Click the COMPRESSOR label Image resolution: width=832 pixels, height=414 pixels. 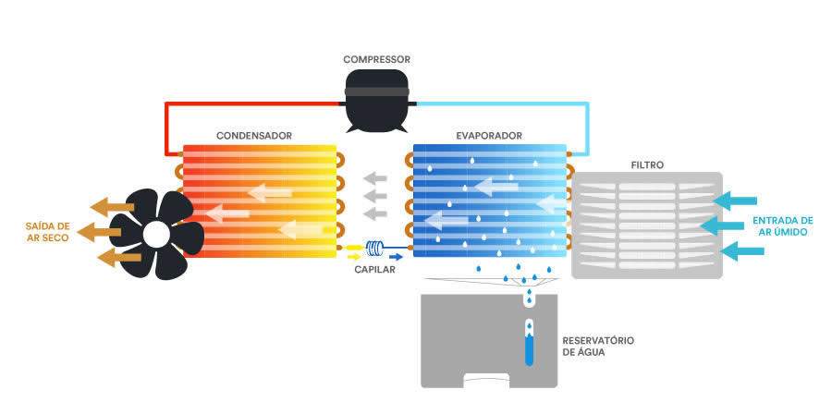[376, 59]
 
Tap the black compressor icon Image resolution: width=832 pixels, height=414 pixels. [376, 101]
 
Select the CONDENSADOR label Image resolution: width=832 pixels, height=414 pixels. [254, 136]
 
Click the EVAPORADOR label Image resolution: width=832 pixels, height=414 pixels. [489, 136]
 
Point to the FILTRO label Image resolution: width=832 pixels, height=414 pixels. [647, 165]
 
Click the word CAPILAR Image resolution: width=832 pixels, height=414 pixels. [375, 270]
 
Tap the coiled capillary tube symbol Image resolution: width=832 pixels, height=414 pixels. [375, 247]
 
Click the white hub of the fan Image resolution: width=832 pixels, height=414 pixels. [156, 234]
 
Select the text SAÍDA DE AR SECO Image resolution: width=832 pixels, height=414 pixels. [48, 232]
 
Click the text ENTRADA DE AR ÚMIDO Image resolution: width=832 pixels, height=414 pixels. [783, 225]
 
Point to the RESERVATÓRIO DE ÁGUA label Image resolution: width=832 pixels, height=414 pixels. [598, 346]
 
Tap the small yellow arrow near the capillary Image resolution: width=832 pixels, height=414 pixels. [353, 257]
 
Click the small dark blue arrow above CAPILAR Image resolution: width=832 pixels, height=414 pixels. [396, 257]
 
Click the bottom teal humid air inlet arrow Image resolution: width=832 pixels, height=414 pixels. [742, 250]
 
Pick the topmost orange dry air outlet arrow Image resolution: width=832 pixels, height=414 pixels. [112, 207]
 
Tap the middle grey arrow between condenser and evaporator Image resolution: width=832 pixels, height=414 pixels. [375, 196]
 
